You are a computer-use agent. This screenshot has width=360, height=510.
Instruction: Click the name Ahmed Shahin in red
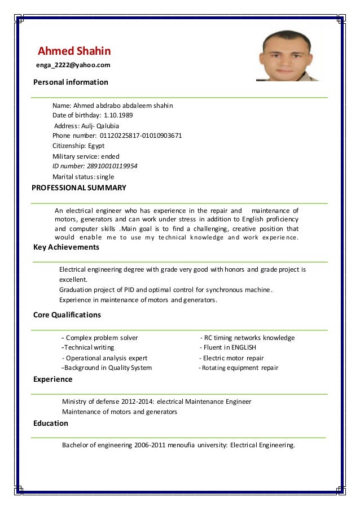tap(74, 51)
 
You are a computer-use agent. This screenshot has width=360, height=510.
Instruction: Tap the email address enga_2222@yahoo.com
tap(73, 66)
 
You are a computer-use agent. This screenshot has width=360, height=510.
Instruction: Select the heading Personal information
tap(71, 82)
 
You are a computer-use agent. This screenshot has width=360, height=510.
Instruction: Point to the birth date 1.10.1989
tap(118, 116)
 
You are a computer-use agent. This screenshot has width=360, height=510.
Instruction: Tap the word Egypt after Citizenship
tap(96, 146)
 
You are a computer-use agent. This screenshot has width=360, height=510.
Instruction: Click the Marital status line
tap(83, 177)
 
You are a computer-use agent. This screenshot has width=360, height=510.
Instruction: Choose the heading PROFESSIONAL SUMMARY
tap(79, 188)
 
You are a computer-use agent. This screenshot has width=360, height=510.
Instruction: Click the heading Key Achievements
tap(66, 247)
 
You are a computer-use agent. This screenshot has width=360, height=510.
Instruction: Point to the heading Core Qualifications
tap(67, 315)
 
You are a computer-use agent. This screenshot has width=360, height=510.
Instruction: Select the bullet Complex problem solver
tap(102, 338)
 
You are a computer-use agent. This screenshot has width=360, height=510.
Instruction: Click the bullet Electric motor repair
tap(233, 358)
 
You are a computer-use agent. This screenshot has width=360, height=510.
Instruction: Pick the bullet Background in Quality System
tap(107, 368)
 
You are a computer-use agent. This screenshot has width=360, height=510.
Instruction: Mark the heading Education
tap(51, 423)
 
